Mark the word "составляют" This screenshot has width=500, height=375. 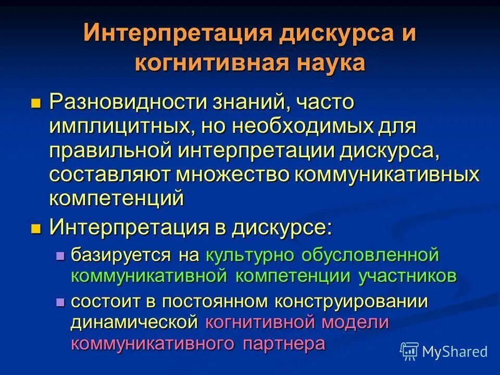point(109,175)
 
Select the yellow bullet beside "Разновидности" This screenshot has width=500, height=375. point(35,102)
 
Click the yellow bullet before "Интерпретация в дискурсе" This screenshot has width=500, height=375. point(35,228)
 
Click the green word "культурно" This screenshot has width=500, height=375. point(245,255)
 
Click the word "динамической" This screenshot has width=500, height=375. point(134,322)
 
